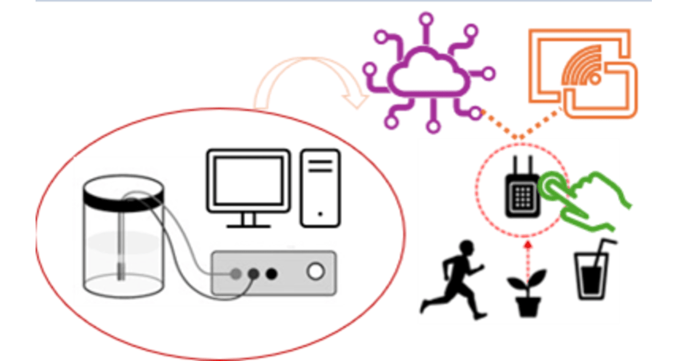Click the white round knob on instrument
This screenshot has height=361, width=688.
pyautogui.click(x=315, y=272)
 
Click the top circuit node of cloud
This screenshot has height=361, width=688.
pyautogui.click(x=425, y=19)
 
